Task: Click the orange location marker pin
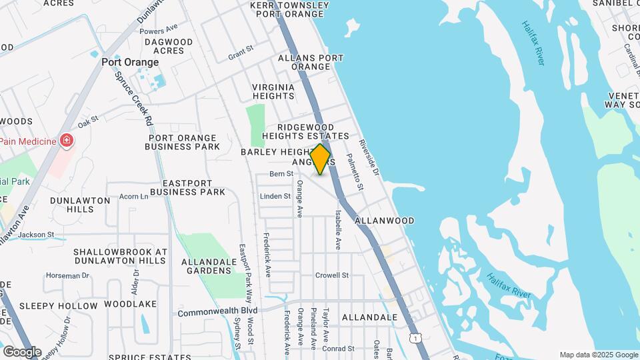coord(321,159)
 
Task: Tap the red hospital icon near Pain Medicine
coord(66,141)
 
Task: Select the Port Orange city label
coord(130,62)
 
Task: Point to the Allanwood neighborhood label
coord(385,220)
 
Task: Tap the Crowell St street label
coord(332,275)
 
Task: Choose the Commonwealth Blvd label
coord(217,311)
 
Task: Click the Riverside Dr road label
coord(368,157)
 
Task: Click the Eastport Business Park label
coord(187,187)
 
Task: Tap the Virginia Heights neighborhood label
coord(273,91)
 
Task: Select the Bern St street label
coord(281,174)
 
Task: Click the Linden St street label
coord(275,196)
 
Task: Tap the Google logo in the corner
coord(21,351)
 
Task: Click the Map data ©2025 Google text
coord(599,355)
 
